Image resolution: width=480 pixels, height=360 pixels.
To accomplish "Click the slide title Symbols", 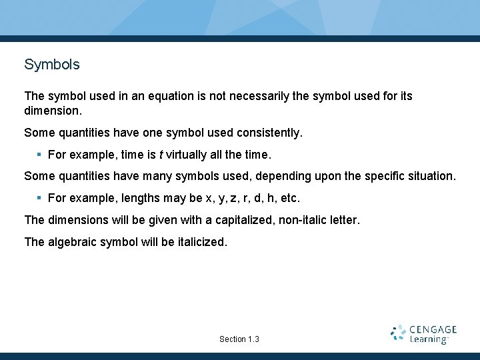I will (51, 65).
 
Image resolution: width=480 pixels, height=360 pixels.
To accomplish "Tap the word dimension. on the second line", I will (52, 109).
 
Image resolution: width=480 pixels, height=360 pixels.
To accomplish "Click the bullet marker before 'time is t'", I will (39, 155).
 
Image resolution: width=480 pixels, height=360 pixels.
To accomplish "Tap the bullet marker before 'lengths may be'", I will (39, 198).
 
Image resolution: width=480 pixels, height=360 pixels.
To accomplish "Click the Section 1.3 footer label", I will (239, 339).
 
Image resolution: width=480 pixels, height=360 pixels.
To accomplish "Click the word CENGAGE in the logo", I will (433, 329).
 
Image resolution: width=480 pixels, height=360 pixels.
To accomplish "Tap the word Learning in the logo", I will (429, 340).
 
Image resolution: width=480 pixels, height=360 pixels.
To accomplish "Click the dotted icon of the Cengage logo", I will (398, 333).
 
